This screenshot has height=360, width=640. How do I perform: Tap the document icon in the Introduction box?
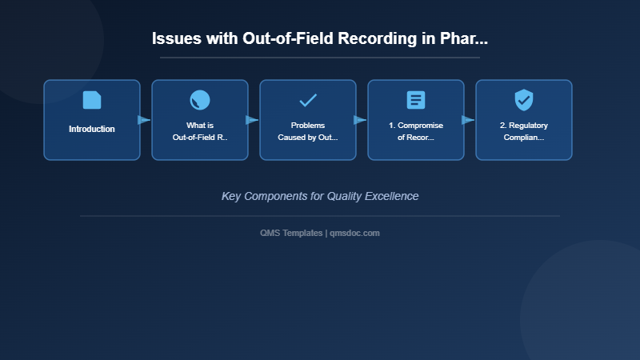pyautogui.click(x=92, y=100)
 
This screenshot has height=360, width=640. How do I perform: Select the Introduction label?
pyautogui.click(x=92, y=129)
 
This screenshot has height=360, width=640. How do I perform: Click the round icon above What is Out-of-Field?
pyautogui.click(x=200, y=100)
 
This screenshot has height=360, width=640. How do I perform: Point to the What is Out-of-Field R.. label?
pyautogui.click(x=200, y=131)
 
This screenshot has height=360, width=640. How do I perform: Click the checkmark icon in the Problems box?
pyautogui.click(x=308, y=100)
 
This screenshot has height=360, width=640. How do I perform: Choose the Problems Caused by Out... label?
pyautogui.click(x=308, y=131)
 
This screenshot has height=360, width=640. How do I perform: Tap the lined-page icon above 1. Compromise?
pyautogui.click(x=416, y=100)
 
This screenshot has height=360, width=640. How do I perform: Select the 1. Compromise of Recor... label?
pyautogui.click(x=416, y=131)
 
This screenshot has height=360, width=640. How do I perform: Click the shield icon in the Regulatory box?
pyautogui.click(x=524, y=100)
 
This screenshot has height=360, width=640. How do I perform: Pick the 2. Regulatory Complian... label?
pyautogui.click(x=524, y=131)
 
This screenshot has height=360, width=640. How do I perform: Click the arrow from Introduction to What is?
pyautogui.click(x=144, y=120)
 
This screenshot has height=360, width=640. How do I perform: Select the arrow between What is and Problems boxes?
pyautogui.click(x=252, y=120)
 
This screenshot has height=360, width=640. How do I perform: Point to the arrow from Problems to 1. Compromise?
pyautogui.click(x=360, y=120)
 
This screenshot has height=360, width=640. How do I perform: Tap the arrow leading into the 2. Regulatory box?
pyautogui.click(x=468, y=120)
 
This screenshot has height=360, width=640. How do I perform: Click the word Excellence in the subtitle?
pyautogui.click(x=391, y=196)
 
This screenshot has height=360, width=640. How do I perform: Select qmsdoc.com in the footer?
pyautogui.click(x=355, y=233)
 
